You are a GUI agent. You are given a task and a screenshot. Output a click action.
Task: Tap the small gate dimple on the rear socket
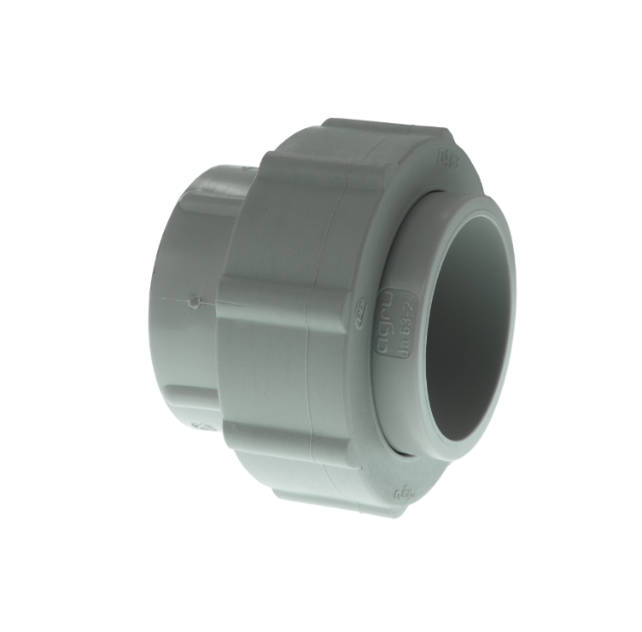[196, 301]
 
